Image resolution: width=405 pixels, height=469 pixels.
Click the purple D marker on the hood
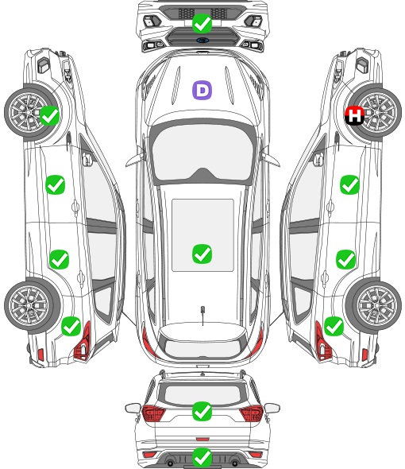click(202, 90)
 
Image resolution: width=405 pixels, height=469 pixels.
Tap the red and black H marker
click(354, 115)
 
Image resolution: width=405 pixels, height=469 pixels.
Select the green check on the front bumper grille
click(202, 23)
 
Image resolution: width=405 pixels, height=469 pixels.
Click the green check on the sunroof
click(202, 254)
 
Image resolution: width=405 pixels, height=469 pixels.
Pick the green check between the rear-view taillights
click(202, 411)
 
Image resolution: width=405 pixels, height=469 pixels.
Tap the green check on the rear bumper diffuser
click(202, 457)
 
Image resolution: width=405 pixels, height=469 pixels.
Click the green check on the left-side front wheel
click(49, 115)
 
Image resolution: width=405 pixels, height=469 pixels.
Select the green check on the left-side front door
click(56, 185)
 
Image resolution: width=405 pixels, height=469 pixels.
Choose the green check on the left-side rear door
click(60, 259)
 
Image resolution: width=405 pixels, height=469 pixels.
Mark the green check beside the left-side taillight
click(71, 326)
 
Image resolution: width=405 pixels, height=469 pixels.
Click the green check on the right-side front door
click(349, 185)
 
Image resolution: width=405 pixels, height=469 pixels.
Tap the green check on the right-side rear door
click(345, 259)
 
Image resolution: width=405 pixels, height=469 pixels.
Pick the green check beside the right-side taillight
click(334, 326)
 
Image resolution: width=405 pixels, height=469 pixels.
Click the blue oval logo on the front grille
click(202, 40)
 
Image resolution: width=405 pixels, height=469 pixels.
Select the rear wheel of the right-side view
click(374, 305)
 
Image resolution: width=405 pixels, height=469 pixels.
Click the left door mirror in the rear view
click(133, 408)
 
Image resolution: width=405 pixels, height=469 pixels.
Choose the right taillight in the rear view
click(252, 413)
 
